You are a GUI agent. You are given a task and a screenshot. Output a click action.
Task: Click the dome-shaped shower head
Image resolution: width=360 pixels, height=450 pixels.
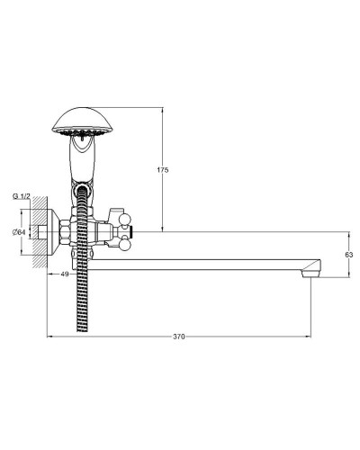pos(80,119)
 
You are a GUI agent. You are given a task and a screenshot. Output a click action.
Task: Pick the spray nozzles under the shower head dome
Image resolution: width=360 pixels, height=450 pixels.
pos(80,135)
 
